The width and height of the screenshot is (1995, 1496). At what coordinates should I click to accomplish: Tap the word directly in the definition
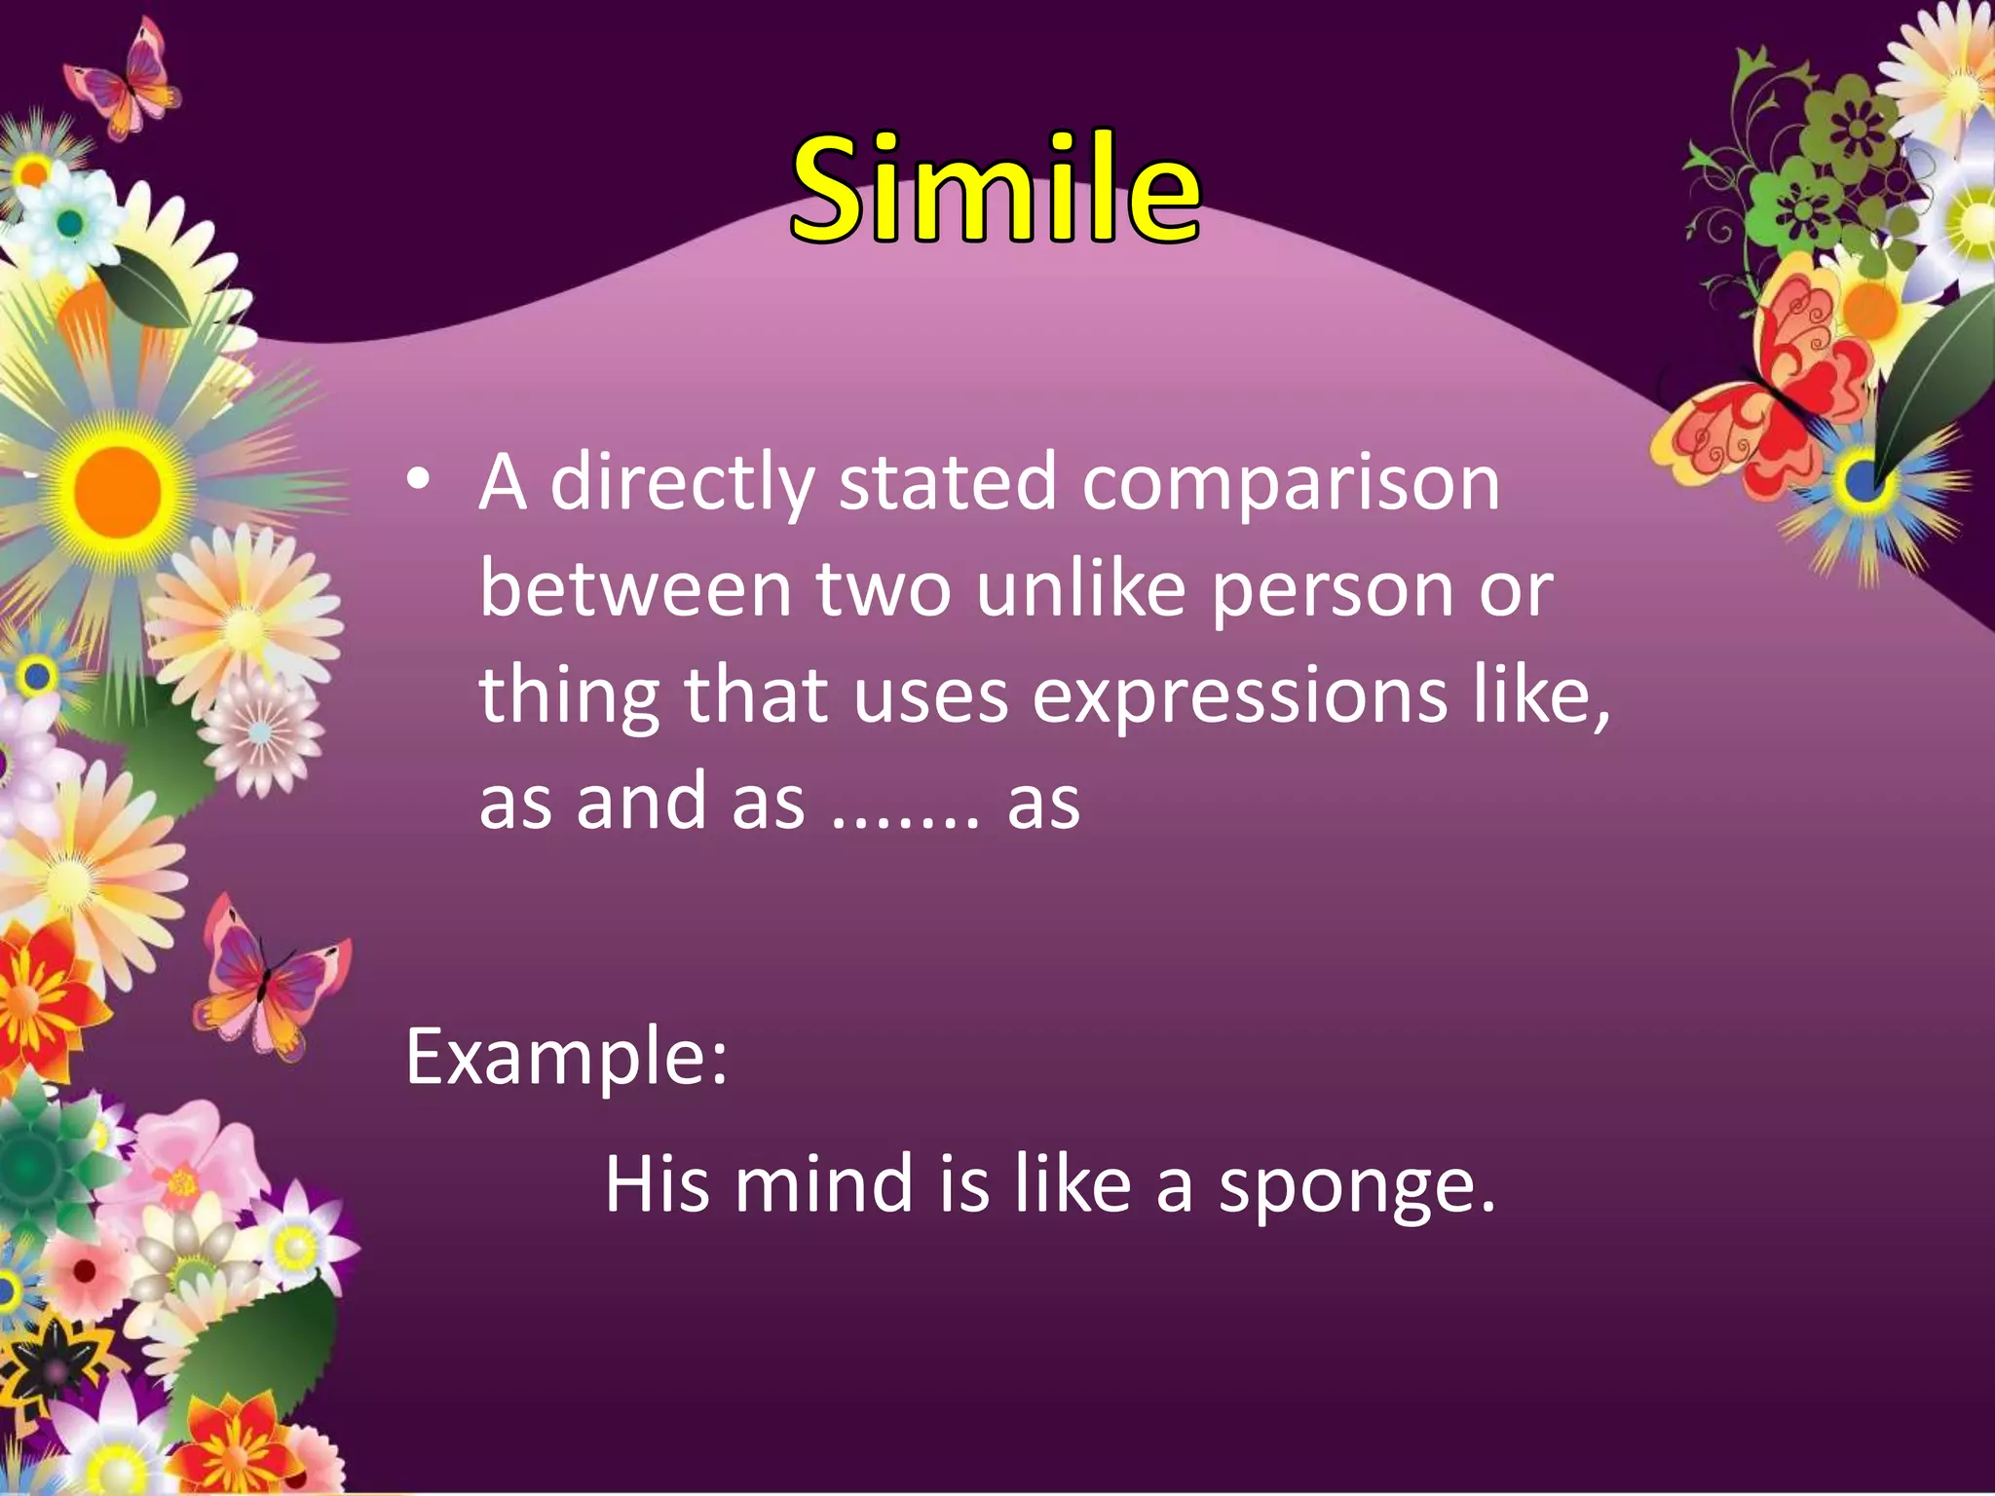coord(682,483)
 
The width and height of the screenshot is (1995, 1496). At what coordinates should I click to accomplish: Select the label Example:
coord(566,1057)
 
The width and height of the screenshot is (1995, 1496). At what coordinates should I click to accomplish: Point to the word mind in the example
coord(823,1183)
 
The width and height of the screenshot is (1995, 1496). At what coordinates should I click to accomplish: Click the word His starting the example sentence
coord(657,1183)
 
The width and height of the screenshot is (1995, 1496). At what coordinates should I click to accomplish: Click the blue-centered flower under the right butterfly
coord(1862,479)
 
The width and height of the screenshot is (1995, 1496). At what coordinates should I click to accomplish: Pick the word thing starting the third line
coord(569,697)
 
